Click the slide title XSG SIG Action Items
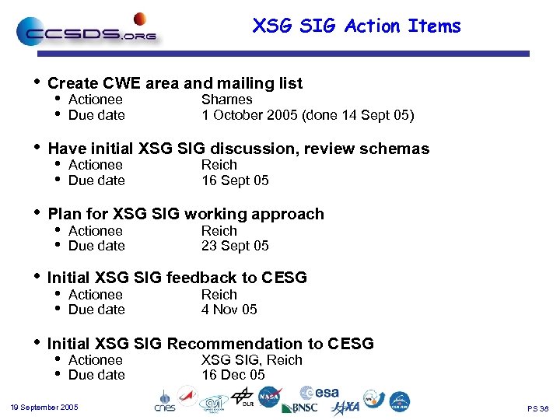[356, 26]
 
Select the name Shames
[226, 100]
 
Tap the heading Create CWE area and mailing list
[175, 83]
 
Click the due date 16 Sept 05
[235, 180]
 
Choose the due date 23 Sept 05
[235, 246]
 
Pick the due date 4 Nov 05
[229, 310]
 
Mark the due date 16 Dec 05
[233, 375]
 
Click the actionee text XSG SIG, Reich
[251, 360]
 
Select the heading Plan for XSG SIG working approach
[186, 214]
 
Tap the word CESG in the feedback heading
[284, 278]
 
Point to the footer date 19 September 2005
[44, 408]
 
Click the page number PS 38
[537, 408]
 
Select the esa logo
[319, 393]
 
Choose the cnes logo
[165, 401]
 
